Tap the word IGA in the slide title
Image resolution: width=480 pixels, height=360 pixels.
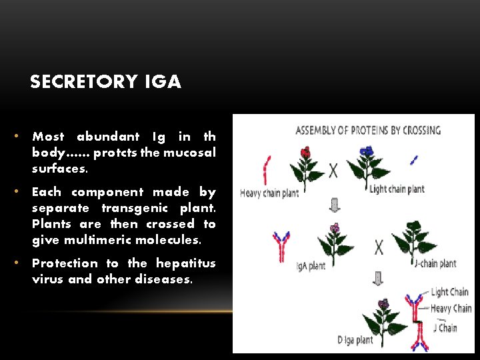pos(162,82)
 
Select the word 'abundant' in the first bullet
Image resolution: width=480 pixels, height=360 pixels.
pos(108,137)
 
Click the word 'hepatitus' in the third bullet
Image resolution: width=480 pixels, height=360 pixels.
pos(186,263)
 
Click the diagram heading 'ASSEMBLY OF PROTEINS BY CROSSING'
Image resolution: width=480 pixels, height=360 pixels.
pos(368,130)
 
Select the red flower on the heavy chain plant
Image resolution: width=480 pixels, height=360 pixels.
pos(305,153)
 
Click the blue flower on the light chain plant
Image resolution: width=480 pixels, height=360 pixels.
pos(366,152)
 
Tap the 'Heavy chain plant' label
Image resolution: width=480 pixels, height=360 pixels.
pos(269,193)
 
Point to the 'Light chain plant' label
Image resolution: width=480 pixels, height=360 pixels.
pos(397,189)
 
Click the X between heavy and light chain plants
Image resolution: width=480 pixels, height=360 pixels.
pos(333,171)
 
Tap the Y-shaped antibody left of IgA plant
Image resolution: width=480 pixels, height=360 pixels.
pos(280,244)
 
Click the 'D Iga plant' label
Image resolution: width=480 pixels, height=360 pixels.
pos(355,341)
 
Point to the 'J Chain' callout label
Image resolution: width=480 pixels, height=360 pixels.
pos(445,327)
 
